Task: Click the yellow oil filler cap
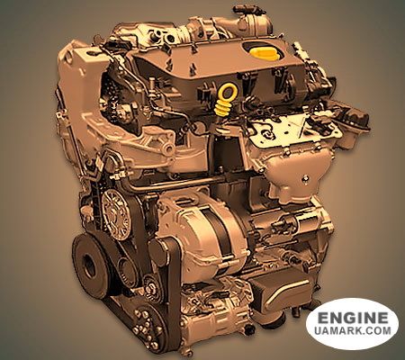(263, 54)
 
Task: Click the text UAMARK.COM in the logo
(353, 330)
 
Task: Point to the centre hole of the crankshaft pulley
(89, 264)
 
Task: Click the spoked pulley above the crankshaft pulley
(114, 214)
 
